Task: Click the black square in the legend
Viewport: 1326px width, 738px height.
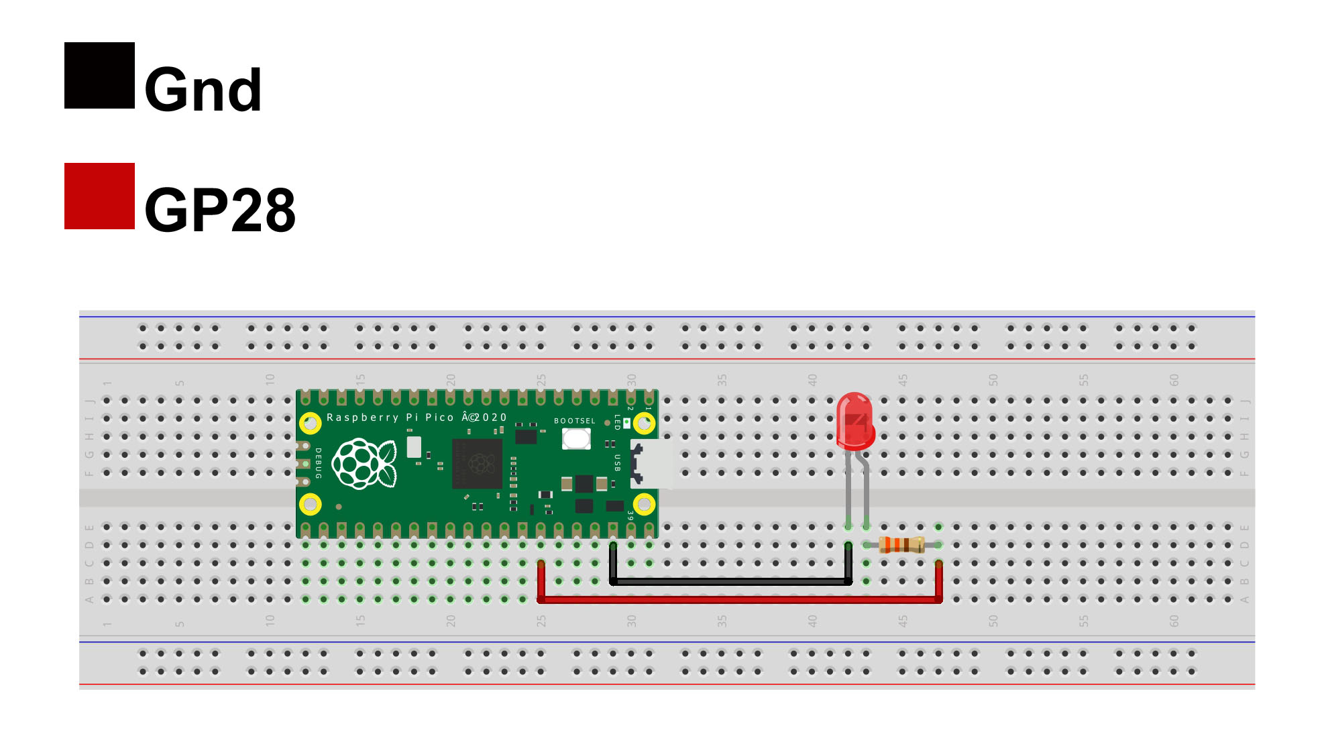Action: click(99, 75)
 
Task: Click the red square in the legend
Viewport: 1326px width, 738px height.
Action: click(99, 196)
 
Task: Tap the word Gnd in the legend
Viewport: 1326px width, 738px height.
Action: click(203, 90)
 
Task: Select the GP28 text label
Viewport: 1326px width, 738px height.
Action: click(219, 210)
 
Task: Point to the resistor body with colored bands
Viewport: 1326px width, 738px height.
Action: click(901, 544)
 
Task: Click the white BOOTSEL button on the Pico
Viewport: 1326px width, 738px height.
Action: click(576, 439)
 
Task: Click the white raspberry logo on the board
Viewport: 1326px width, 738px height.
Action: click(364, 463)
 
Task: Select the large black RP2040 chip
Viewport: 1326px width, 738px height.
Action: click(477, 463)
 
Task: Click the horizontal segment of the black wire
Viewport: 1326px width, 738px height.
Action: click(731, 582)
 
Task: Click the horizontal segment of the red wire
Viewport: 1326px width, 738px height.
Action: click(738, 600)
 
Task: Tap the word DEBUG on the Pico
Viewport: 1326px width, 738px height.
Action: click(319, 463)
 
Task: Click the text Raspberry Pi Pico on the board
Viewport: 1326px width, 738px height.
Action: click(390, 418)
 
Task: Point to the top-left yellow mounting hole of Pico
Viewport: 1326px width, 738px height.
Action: click(310, 423)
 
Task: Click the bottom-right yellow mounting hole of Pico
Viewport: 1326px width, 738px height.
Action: click(644, 504)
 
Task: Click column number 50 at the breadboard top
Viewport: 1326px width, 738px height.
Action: click(993, 379)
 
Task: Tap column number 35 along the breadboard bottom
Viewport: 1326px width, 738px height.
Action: click(722, 621)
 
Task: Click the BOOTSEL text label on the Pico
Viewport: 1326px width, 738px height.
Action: click(574, 421)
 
